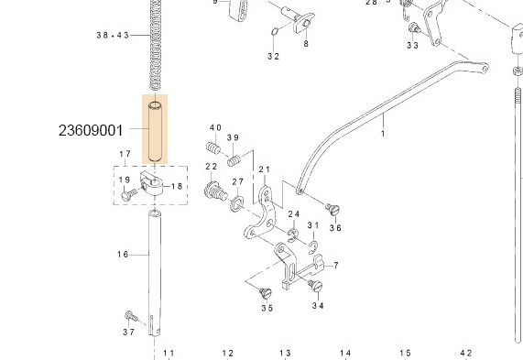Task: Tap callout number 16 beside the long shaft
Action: (x=123, y=254)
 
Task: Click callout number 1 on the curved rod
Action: (x=382, y=134)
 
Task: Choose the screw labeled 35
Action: (x=266, y=292)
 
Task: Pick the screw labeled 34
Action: (x=318, y=289)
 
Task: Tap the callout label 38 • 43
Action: (x=125, y=35)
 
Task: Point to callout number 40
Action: (x=215, y=127)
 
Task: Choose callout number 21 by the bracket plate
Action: (x=265, y=169)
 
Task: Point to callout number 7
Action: (x=336, y=266)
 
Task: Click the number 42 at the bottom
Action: (x=465, y=353)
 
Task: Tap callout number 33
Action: (x=412, y=45)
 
